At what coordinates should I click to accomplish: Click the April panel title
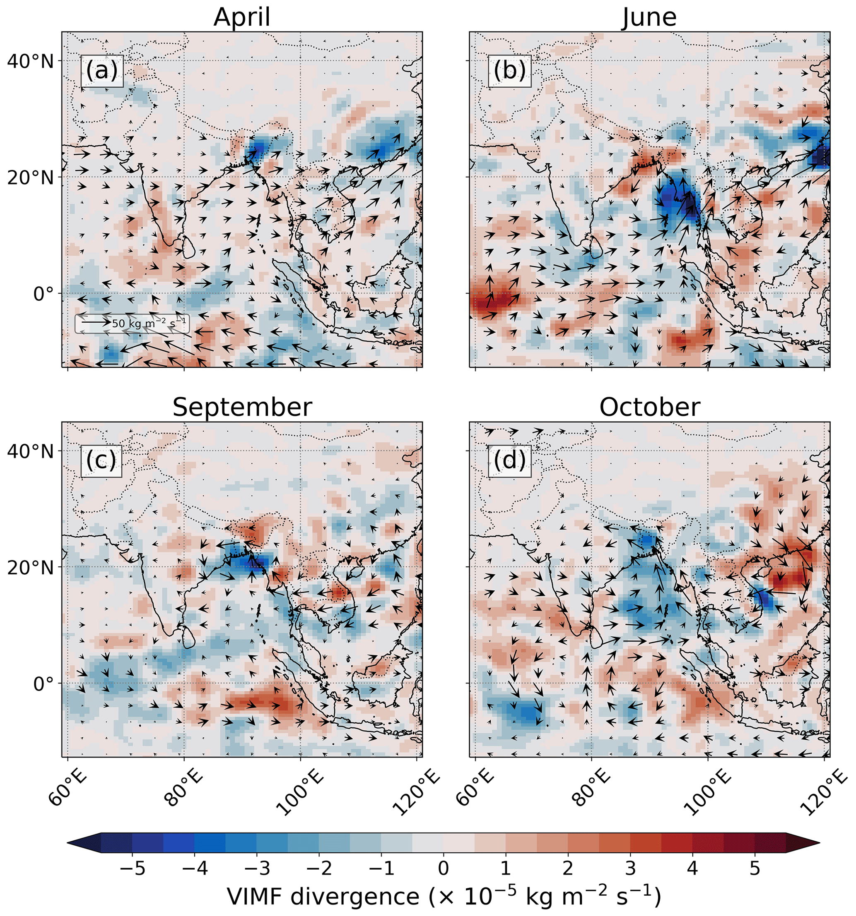[x=242, y=17]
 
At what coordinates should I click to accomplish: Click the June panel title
[x=649, y=17]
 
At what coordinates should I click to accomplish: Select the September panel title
[x=242, y=407]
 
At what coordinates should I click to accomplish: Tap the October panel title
[x=649, y=407]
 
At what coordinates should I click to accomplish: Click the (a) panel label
[x=101, y=70]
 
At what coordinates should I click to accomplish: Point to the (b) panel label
[x=509, y=70]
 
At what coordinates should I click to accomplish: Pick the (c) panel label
[x=101, y=460]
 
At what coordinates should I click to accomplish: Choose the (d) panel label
[x=509, y=460]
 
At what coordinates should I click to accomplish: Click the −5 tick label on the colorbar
[x=133, y=868]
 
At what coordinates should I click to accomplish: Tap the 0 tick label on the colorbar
[x=443, y=868]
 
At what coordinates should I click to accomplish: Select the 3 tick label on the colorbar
[x=630, y=868]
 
